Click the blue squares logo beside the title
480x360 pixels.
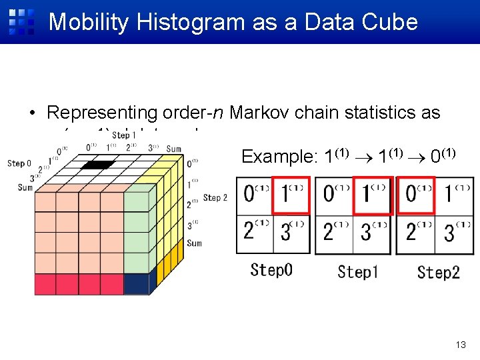21,21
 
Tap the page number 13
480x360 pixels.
460,345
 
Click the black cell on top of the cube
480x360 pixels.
99,165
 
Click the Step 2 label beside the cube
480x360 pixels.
215,197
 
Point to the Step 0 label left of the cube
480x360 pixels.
19,163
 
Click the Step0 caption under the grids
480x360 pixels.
271,270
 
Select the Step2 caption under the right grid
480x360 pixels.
438,272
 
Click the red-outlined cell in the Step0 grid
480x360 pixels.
292,195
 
